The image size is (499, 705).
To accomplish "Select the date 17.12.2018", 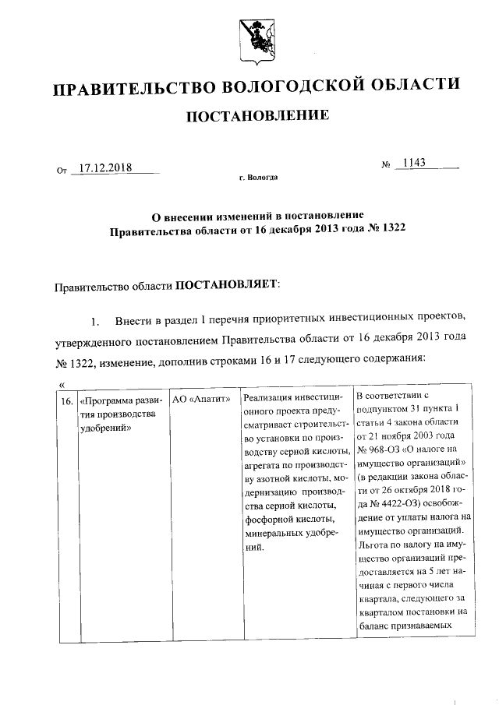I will pyautogui.click(x=105, y=167).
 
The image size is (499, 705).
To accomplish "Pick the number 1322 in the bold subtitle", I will pyautogui.click(x=391, y=230).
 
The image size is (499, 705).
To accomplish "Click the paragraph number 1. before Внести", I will pyautogui.click(x=96, y=320).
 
